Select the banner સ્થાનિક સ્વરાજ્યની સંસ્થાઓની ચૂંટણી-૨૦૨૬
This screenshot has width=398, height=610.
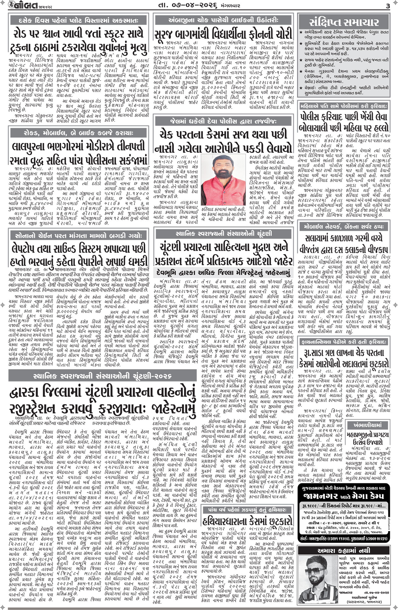pos(102,376)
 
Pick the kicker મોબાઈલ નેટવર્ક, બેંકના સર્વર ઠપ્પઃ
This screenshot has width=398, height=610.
pos(344,227)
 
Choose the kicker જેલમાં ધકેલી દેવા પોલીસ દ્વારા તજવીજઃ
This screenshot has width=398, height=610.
pos(223,121)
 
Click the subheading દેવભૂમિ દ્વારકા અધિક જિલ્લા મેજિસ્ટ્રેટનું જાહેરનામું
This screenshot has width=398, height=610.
pos(223,273)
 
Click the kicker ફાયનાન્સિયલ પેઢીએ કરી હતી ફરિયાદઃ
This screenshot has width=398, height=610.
pos(344,342)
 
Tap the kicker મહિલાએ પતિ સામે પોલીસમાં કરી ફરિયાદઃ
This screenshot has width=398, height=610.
pos(344,106)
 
